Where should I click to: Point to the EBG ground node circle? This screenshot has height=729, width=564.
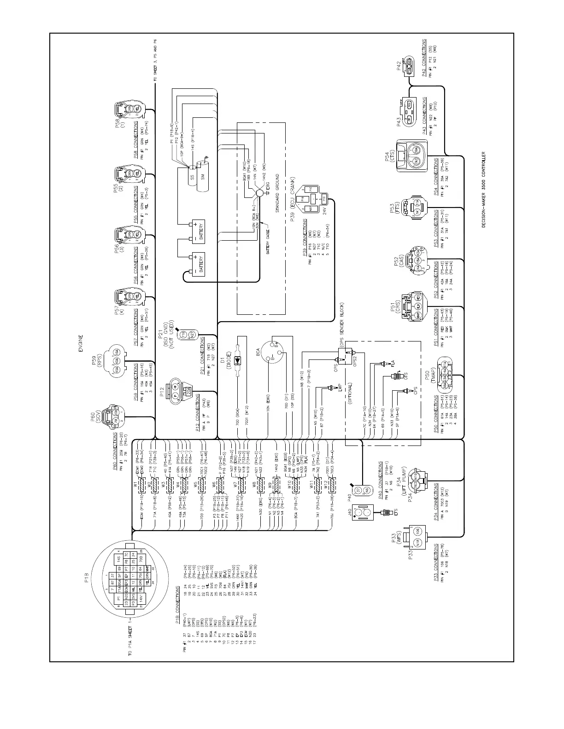pyautogui.click(x=260, y=195)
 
